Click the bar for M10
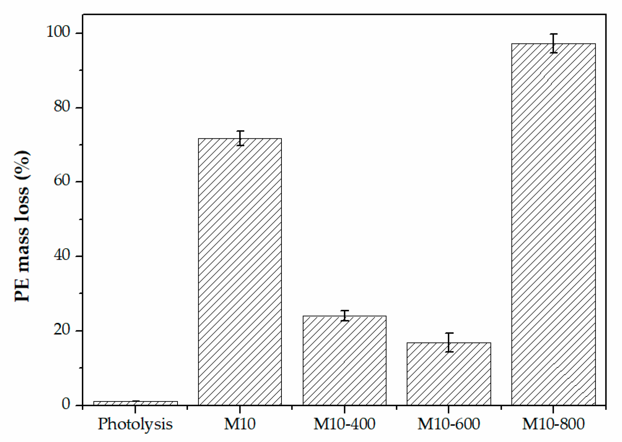tap(240, 272)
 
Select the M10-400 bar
tap(345, 360)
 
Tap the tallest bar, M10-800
tap(554, 225)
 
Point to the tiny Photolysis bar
tap(135, 403)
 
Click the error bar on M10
tap(240, 138)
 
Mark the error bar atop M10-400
tap(345, 316)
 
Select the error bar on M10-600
tap(449, 342)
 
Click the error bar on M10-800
tap(554, 43)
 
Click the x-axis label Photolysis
tap(135, 424)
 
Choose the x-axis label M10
tap(240, 424)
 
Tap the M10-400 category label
tap(345, 424)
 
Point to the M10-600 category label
tap(449, 424)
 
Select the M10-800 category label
tap(554, 424)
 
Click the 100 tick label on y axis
tap(58, 32)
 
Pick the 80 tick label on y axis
tap(62, 107)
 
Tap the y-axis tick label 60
tap(62, 181)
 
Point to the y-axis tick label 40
tap(62, 256)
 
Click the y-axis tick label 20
tap(62, 330)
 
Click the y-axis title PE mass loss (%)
tap(22, 226)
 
